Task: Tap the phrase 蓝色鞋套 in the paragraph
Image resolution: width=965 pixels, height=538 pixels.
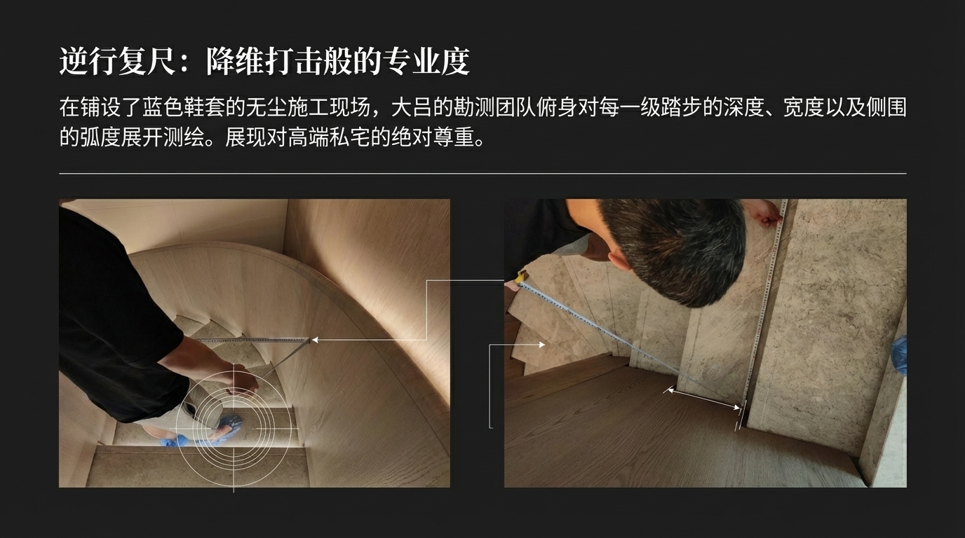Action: pyautogui.click(x=195, y=107)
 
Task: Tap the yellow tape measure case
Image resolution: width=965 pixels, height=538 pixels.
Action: pyautogui.click(x=520, y=277)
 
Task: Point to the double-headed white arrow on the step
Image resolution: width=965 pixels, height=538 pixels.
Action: pyautogui.click(x=702, y=399)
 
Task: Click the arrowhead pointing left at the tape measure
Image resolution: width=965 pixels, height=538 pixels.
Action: pyautogui.click(x=315, y=340)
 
